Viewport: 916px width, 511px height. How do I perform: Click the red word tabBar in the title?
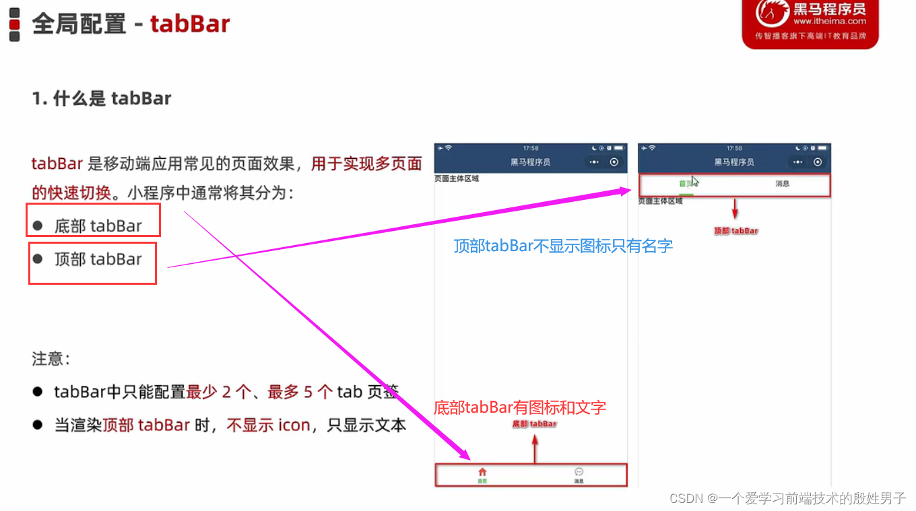190,24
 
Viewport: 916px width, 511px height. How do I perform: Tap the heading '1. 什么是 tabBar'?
102,98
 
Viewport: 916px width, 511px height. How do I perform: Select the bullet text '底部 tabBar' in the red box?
98,226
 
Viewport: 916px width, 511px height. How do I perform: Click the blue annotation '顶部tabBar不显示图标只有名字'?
563,246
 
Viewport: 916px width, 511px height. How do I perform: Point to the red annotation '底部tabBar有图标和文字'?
520,407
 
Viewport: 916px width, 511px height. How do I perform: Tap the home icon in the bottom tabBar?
482,472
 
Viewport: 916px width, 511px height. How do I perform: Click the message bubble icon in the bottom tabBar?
579,472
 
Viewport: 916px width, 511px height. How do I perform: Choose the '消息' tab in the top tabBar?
782,184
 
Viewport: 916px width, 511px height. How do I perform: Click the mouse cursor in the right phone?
695,181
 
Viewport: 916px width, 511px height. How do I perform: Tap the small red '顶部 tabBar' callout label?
736,231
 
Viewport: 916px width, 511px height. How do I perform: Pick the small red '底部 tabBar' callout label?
535,424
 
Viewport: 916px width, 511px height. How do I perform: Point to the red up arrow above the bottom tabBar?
535,447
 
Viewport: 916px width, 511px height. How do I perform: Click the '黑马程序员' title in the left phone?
530,162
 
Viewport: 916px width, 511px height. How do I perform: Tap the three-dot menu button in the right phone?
797,162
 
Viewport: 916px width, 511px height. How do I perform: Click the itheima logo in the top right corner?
810,24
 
